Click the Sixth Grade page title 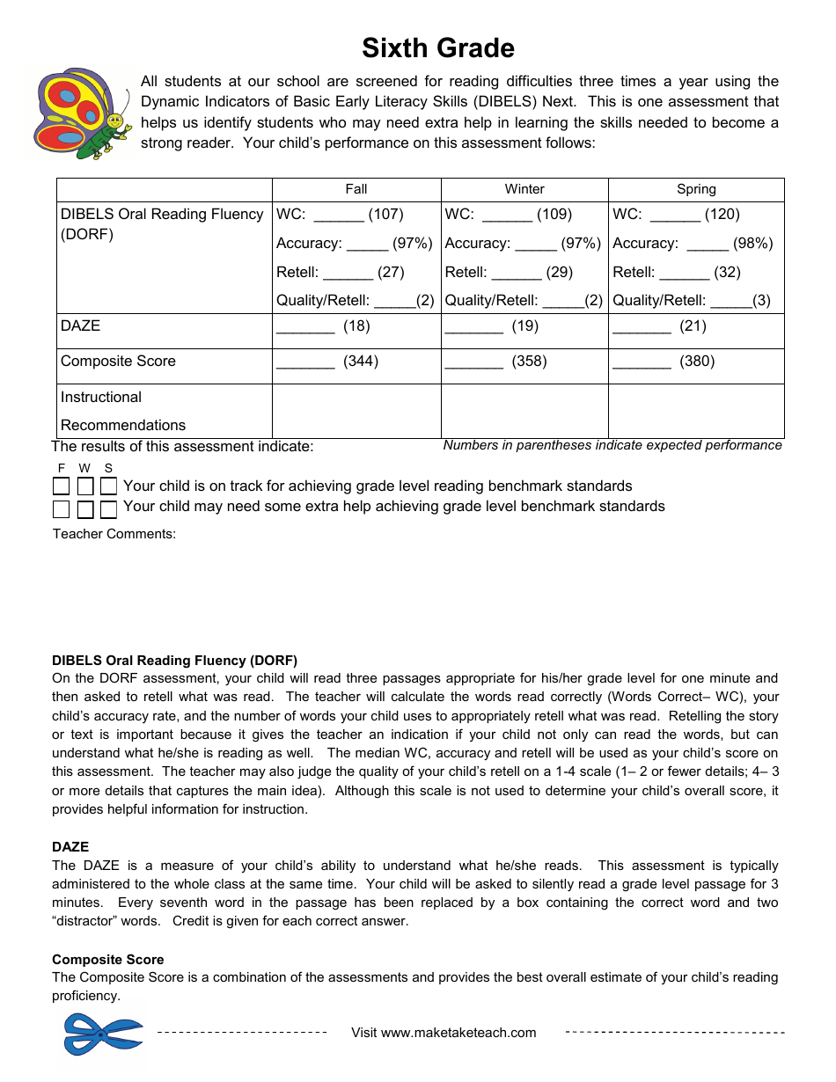click(x=438, y=48)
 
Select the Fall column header click(x=356, y=189)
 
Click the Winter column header click(x=524, y=189)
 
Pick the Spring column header click(x=696, y=189)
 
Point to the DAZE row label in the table click(x=81, y=325)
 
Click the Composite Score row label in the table click(x=118, y=361)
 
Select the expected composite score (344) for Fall click(x=361, y=361)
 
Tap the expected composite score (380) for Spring click(x=697, y=361)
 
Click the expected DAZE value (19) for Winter click(x=524, y=326)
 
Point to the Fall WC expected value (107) click(x=385, y=214)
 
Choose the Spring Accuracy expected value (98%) click(x=752, y=243)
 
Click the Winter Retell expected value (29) click(x=559, y=272)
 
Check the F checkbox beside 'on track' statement click(x=61, y=486)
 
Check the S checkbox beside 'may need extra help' click(x=108, y=509)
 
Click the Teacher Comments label click(x=114, y=533)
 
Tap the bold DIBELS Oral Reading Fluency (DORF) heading click(x=174, y=660)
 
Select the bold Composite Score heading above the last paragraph click(x=108, y=959)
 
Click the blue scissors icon click(x=102, y=1033)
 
